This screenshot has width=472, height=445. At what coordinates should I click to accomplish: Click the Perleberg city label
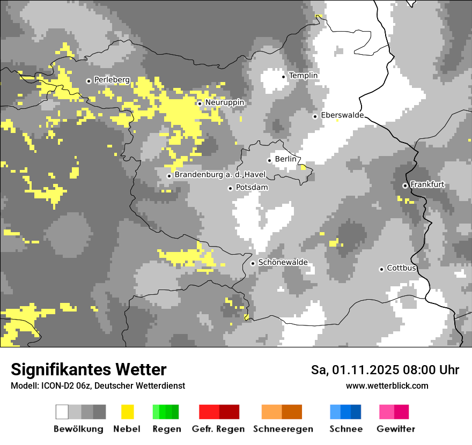click(x=112, y=80)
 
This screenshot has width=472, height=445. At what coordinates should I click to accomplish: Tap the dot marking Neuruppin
click(x=200, y=103)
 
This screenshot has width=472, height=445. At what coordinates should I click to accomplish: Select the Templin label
click(x=303, y=76)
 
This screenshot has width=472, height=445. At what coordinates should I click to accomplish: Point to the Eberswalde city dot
click(x=315, y=116)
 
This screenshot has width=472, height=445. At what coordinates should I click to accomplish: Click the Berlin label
click(x=285, y=159)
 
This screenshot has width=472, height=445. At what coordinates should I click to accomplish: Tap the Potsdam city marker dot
click(x=231, y=188)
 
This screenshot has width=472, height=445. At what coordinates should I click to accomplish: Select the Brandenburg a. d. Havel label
click(x=217, y=175)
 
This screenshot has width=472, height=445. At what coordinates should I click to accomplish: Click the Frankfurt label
click(x=427, y=184)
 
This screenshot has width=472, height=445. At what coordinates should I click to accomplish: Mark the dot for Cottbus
click(x=382, y=269)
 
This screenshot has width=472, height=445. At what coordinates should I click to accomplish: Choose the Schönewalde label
click(x=283, y=263)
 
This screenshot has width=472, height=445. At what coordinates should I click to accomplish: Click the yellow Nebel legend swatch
click(x=127, y=412)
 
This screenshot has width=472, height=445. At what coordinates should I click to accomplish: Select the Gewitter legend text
click(x=395, y=429)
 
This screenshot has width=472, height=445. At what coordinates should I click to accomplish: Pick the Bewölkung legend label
click(x=78, y=429)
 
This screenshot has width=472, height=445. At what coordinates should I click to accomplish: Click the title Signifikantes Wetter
click(x=88, y=369)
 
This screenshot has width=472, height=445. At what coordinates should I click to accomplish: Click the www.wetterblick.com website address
click(x=387, y=385)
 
